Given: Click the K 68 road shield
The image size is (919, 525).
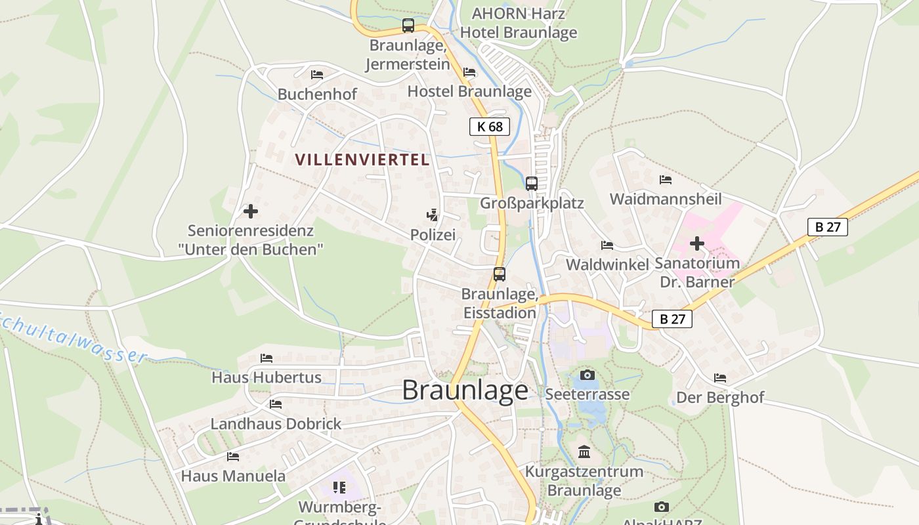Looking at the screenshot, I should (x=490, y=127).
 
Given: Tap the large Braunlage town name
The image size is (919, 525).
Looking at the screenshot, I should (x=465, y=390).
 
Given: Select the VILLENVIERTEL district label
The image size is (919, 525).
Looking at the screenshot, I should (x=362, y=159).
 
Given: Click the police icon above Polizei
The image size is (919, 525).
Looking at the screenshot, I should (x=432, y=215).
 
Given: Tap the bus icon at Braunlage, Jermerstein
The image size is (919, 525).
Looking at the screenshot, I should (x=408, y=26).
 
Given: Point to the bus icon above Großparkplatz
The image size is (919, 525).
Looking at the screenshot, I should (x=532, y=183).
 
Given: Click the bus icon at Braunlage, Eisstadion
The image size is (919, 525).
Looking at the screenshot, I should (x=500, y=274).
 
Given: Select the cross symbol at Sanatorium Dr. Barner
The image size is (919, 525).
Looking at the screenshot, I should (x=696, y=244).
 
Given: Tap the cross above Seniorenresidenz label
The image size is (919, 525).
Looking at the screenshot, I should (x=250, y=211).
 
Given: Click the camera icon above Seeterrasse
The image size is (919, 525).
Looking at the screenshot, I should (x=587, y=375).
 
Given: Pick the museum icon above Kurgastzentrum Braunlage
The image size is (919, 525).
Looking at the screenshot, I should (x=584, y=451).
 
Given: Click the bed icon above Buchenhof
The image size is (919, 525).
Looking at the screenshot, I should (x=317, y=74).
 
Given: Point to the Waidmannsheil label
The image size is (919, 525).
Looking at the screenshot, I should (x=666, y=199).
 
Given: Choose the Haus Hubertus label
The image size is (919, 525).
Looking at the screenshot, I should (x=267, y=377).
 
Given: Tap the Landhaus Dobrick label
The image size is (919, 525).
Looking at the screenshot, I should (x=276, y=424).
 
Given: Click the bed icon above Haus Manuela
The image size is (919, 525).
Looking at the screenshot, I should (x=233, y=456).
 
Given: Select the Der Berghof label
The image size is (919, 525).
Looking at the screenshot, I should (x=720, y=397).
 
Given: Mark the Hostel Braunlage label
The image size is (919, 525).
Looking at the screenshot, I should (x=469, y=91).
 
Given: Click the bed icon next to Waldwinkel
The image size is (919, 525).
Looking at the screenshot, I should (x=607, y=245).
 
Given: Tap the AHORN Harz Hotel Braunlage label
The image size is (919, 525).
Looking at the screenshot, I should (x=519, y=23).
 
